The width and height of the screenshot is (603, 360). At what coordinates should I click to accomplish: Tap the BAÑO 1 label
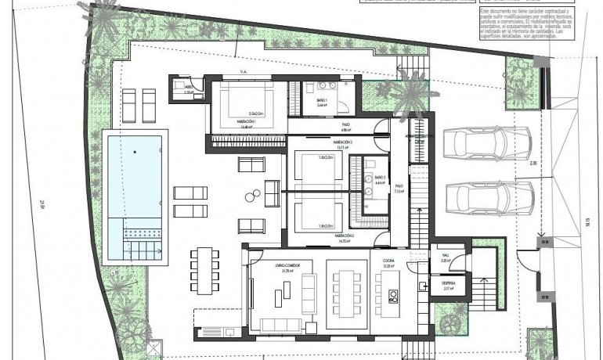tap(322, 103)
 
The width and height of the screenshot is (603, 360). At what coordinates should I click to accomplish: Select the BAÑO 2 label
tap(380, 178)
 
